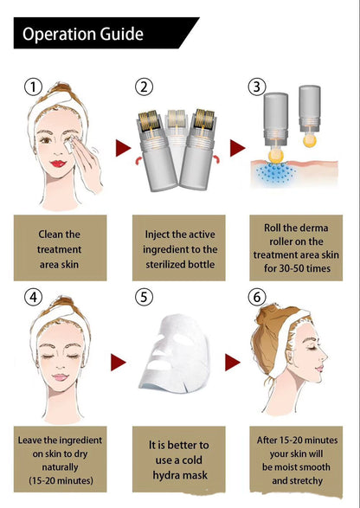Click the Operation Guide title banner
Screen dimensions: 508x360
pos(95,34)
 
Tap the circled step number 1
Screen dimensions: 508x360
pos(33,87)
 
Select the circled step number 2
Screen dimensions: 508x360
pos(145,87)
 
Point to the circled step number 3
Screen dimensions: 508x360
pos(257,87)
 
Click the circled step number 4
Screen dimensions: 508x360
pos(33,297)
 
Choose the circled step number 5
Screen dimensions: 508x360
pos(145,297)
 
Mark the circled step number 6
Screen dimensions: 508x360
pos(257,297)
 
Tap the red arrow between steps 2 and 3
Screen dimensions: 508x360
pos(235,148)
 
